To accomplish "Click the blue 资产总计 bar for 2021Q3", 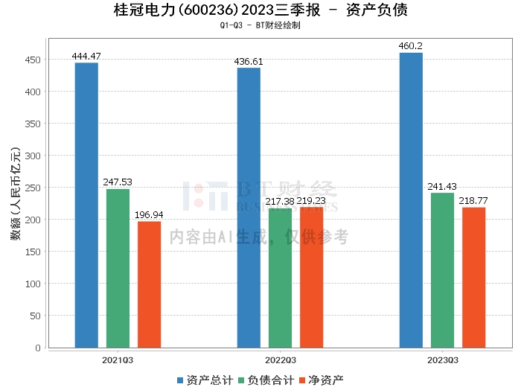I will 86,205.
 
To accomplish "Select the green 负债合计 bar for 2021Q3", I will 118,268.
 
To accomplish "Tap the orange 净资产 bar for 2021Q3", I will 149,284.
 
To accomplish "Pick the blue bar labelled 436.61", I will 249,208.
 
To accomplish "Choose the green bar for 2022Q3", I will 280,278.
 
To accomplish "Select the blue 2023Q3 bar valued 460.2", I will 411,199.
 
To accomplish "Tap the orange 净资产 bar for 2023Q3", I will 473,277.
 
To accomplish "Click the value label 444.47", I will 86,56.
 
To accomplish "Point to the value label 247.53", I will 118,182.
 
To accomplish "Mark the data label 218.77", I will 473,200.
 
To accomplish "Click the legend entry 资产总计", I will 204,380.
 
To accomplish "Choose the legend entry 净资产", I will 321,380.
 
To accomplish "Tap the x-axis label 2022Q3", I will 280,359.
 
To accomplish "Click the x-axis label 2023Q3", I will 442,359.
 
